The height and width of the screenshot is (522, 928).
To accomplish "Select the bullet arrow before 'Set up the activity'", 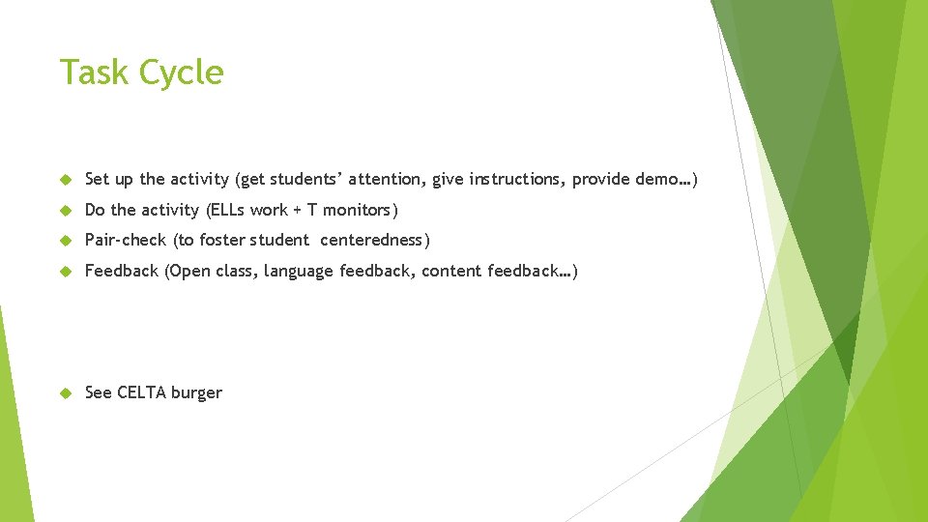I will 66,180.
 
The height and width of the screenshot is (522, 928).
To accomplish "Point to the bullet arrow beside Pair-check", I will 66,241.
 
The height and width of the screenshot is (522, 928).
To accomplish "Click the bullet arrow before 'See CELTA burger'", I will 66,393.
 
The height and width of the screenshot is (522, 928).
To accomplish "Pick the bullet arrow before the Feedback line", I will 66,272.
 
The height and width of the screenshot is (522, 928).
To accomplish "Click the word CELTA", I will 142,392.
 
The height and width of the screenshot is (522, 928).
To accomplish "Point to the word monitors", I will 360,210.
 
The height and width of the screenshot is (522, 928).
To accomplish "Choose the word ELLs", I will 228,210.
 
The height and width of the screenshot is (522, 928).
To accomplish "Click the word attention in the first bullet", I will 387,180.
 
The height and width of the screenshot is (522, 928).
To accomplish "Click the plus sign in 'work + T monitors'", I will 298,211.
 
